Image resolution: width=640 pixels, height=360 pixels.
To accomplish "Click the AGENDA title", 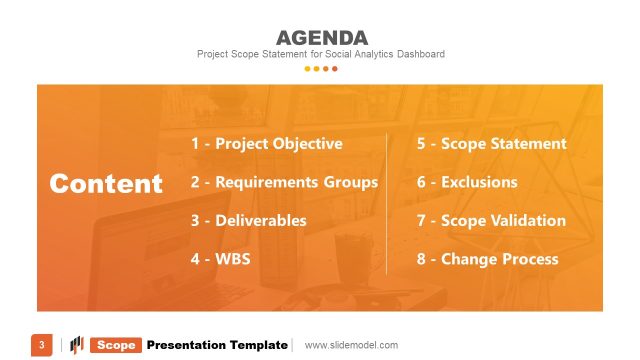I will pos(320,38).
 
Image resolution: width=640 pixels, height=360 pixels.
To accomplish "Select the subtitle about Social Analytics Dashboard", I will pos(320,54).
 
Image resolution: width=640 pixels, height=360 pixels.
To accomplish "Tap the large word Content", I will pos(106,183).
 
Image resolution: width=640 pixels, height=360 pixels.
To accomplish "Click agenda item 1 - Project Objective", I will pos(266,143).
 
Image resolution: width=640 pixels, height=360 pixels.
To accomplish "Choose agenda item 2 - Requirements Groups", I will pos(284,182).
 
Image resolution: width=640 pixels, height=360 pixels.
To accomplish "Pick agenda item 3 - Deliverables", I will pos(248,220).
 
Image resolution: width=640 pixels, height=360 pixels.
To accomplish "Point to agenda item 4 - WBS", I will pos(220,259).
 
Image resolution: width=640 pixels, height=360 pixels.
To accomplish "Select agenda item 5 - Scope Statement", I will pos(491,143).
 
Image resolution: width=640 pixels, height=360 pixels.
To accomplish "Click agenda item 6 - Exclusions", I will pos(467,182).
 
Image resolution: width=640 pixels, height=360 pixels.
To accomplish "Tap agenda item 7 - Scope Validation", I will pos(491,220).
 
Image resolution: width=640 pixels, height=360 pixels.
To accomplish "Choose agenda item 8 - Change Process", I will pos(487,259).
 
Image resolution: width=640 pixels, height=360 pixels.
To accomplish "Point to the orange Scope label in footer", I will pos(116,345).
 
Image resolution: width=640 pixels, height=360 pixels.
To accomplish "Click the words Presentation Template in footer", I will pos(217,345).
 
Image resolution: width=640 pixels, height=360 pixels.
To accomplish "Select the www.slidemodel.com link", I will pos(351,345).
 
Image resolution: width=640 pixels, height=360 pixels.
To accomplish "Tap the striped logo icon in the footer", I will pos(76,345).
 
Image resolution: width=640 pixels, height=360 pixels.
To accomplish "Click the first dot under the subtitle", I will pos(307,69).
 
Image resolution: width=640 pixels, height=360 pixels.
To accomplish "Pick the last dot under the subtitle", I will pos(334,69).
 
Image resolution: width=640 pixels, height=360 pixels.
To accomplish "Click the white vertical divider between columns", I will pos(387,201).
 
